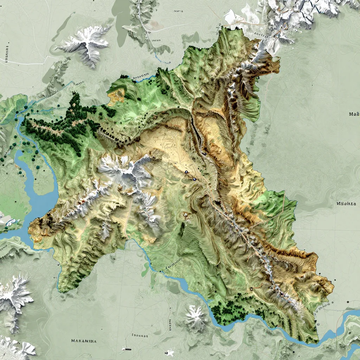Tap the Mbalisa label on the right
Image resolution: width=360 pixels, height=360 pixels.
[x=346, y=204]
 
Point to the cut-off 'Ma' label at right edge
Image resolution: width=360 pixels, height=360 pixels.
[x=354, y=114]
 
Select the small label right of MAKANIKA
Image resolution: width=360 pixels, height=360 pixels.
[x=140, y=335]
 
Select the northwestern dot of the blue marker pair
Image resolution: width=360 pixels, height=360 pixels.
[x=186, y=172]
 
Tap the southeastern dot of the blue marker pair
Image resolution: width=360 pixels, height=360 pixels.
[x=194, y=179]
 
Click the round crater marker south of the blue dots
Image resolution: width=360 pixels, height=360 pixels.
[x=185, y=214]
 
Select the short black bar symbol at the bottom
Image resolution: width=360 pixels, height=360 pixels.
[x=127, y=349]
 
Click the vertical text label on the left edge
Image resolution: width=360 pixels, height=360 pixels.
[x=7, y=53]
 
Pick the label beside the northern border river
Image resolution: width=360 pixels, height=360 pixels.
[x=141, y=76]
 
